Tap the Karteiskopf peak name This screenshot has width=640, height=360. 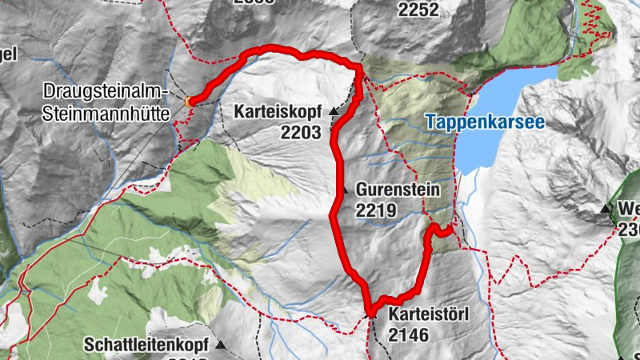point(278,112)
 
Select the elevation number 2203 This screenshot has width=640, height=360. point(301,133)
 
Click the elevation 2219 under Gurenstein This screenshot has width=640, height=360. point(376,210)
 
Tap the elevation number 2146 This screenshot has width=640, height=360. point(410,334)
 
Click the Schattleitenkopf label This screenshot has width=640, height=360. point(145,346)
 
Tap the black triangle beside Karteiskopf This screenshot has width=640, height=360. point(333,112)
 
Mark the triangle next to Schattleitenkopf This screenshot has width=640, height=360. point(220,346)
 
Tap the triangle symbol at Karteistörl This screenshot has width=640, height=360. point(370,315)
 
